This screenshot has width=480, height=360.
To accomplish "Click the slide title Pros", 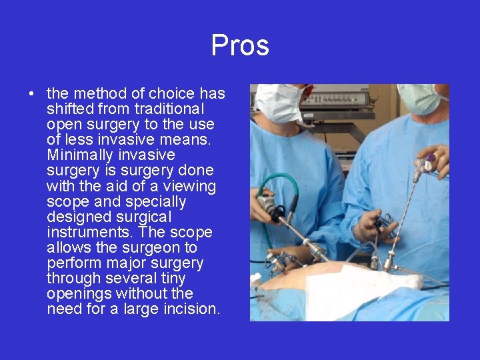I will [240, 45].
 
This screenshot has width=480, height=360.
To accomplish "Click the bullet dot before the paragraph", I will [32, 94].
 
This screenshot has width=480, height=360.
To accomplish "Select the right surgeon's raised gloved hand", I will [436, 160].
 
